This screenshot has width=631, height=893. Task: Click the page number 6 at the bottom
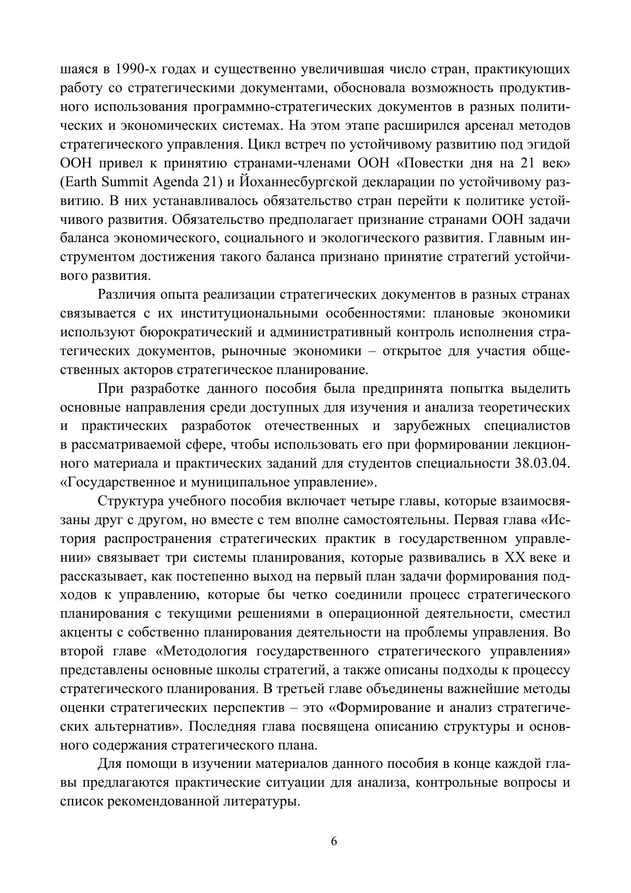[x=334, y=841]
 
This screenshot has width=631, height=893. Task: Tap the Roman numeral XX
[x=514, y=558]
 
